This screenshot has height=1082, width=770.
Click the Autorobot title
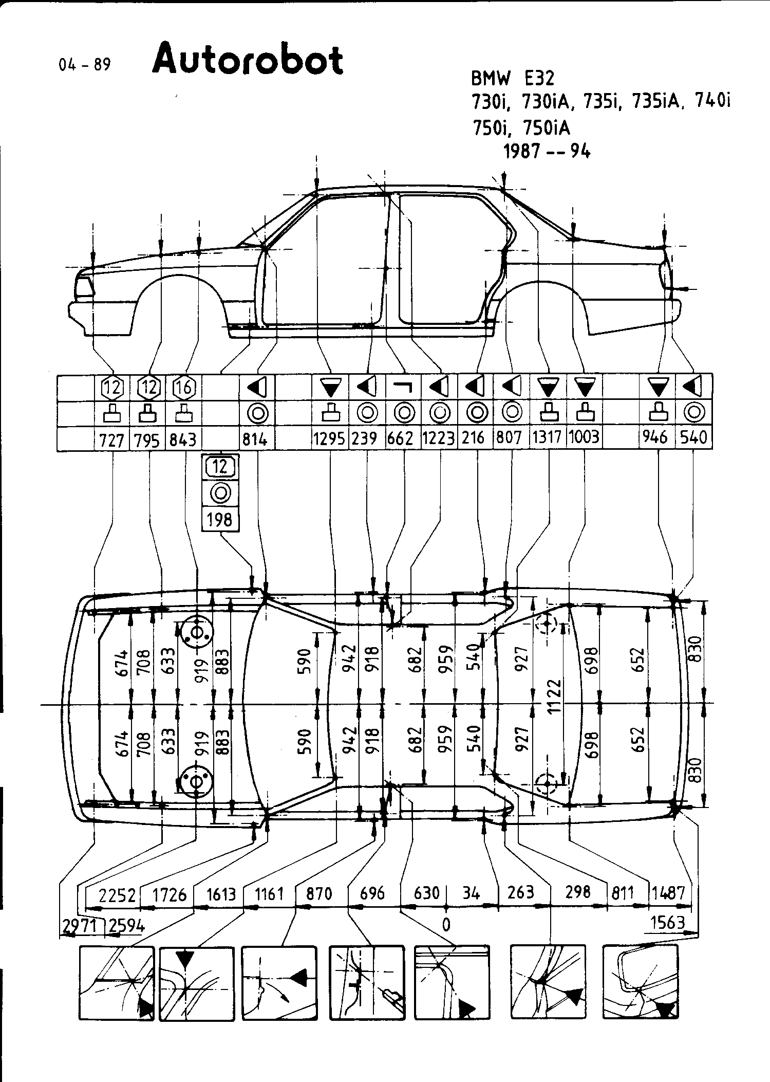pyautogui.click(x=248, y=61)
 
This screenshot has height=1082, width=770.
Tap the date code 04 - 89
pyautogui.click(x=85, y=65)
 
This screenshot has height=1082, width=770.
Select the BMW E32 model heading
pyautogui.click(x=513, y=78)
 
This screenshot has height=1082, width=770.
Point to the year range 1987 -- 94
pyautogui.click(x=547, y=152)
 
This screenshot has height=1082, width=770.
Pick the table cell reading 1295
pyautogui.click(x=330, y=438)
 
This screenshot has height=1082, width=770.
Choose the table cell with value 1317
pyautogui.click(x=549, y=437)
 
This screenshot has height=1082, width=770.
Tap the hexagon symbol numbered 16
pyautogui.click(x=183, y=387)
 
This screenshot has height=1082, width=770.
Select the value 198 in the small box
pyautogui.click(x=220, y=520)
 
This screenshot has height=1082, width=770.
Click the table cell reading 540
pyautogui.click(x=693, y=437)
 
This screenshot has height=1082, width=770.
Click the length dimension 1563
pyautogui.click(x=668, y=923)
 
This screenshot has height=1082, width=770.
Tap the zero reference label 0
pyautogui.click(x=446, y=925)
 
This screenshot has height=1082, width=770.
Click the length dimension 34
pyautogui.click(x=471, y=893)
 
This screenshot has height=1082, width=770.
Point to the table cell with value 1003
pyautogui.click(x=584, y=437)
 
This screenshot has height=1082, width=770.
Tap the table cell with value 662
pyautogui.click(x=403, y=438)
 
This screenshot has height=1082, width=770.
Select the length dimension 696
pyautogui.click(x=372, y=893)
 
